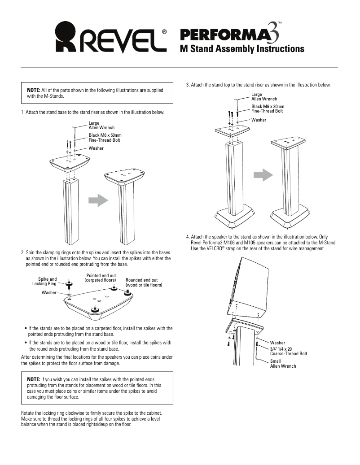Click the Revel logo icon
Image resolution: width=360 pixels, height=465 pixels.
click(x=68, y=38)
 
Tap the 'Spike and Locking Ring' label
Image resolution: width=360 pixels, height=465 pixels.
click(x=45, y=281)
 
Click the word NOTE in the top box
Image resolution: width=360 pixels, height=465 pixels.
click(x=34, y=90)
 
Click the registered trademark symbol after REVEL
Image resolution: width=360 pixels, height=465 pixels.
click(x=164, y=32)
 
